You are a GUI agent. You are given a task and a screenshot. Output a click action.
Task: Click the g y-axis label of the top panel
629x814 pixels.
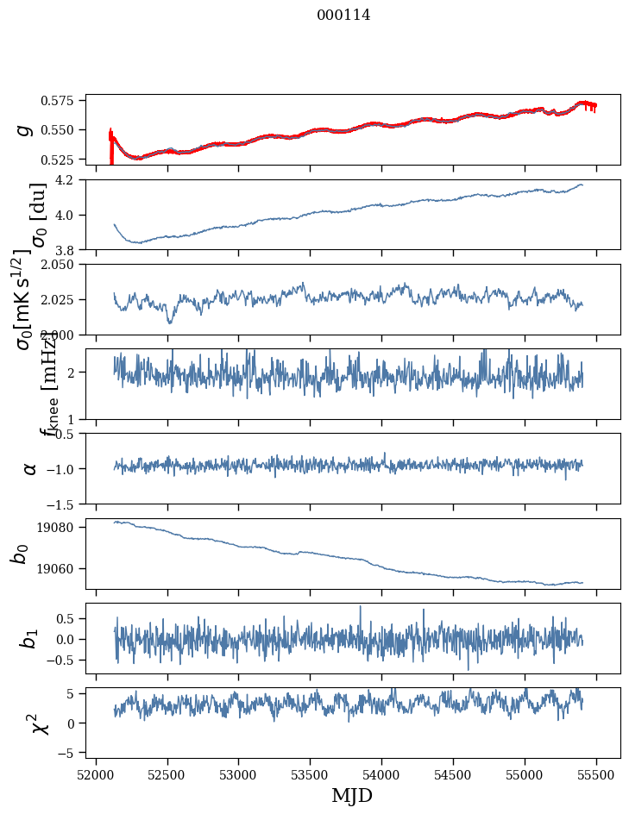(26, 129)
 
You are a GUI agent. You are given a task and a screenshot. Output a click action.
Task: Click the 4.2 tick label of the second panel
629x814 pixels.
(67, 180)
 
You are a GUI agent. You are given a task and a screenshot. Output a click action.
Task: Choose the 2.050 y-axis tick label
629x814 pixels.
(61, 265)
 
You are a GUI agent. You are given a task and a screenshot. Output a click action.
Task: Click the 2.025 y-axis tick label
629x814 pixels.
(61, 299)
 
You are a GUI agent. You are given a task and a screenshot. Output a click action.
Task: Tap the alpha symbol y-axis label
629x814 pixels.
(29, 468)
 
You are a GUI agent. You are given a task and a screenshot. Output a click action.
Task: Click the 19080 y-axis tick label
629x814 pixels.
(61, 528)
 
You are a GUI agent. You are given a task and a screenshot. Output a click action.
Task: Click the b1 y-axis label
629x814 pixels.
(29, 638)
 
